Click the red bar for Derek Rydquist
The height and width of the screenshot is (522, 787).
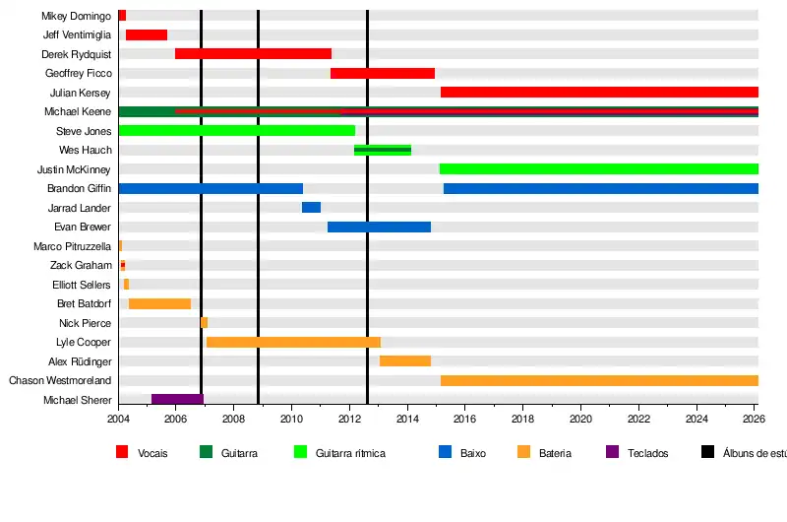point(253,54)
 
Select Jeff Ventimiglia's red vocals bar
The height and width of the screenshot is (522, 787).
point(147,35)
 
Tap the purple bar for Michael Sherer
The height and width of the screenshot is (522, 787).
point(177,400)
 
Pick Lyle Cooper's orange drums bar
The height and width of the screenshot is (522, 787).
point(293,343)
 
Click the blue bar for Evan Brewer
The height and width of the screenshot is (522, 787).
point(379,228)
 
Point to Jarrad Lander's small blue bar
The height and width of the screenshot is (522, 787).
point(311,208)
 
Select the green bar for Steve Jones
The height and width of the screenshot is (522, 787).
point(236,131)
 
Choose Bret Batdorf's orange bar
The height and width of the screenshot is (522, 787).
point(159,304)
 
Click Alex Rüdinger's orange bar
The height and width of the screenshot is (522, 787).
point(405,361)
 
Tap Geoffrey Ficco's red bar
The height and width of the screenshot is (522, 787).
point(383,74)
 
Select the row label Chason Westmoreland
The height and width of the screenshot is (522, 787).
point(60,381)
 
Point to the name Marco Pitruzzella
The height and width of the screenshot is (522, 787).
point(73,246)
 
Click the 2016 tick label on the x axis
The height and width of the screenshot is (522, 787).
point(465,419)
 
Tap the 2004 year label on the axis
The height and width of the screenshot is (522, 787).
point(118,419)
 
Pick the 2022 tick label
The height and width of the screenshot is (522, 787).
point(639,419)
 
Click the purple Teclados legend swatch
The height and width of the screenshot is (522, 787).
point(613,453)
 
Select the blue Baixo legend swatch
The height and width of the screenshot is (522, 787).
point(445,453)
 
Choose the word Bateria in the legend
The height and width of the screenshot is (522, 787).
point(555,454)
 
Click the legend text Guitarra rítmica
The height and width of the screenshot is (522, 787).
point(350,454)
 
